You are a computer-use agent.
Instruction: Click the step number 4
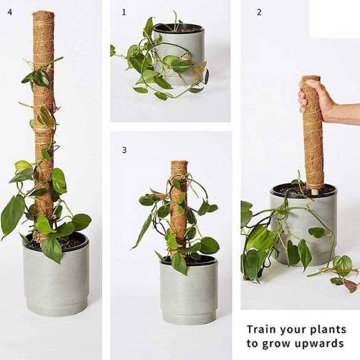point(10,12)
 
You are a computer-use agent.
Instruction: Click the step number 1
point(124,12)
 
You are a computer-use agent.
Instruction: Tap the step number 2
point(259,12)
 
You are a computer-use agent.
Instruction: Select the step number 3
point(124,150)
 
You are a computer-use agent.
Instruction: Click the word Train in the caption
point(261,329)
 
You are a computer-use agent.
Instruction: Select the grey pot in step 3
point(189,291)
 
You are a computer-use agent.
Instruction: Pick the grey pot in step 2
point(303,225)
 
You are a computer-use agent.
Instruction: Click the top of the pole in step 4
point(43,14)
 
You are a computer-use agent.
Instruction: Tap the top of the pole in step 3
point(179,163)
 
